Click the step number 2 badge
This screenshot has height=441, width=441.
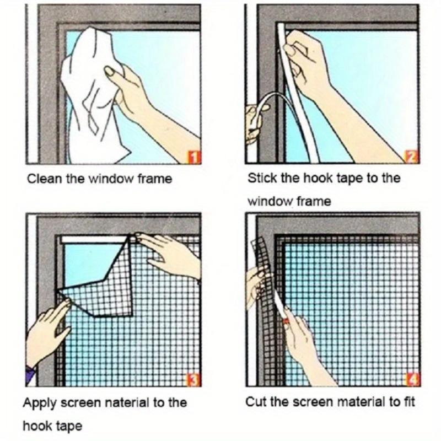point(412,157)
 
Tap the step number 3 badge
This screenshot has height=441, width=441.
point(193,379)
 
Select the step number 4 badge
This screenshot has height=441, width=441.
point(412,379)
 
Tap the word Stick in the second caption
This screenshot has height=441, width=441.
point(260,179)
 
